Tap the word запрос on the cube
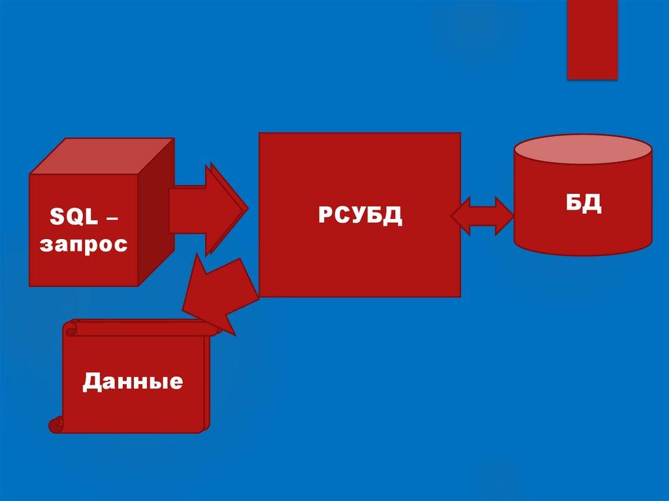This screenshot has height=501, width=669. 84,245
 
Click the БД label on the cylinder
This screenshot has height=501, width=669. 583,203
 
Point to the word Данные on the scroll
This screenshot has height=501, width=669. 133,381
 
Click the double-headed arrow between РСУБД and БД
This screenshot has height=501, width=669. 483,216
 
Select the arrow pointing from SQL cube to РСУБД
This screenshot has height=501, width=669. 206,209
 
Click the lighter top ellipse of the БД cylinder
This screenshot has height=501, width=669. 583,149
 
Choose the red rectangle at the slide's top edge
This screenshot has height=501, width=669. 592,39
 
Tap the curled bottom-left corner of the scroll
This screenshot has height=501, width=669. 56,425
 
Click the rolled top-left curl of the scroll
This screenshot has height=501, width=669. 71,327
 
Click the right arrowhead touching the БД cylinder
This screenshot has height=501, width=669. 505,216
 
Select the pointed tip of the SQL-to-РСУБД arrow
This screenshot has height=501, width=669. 246,210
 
